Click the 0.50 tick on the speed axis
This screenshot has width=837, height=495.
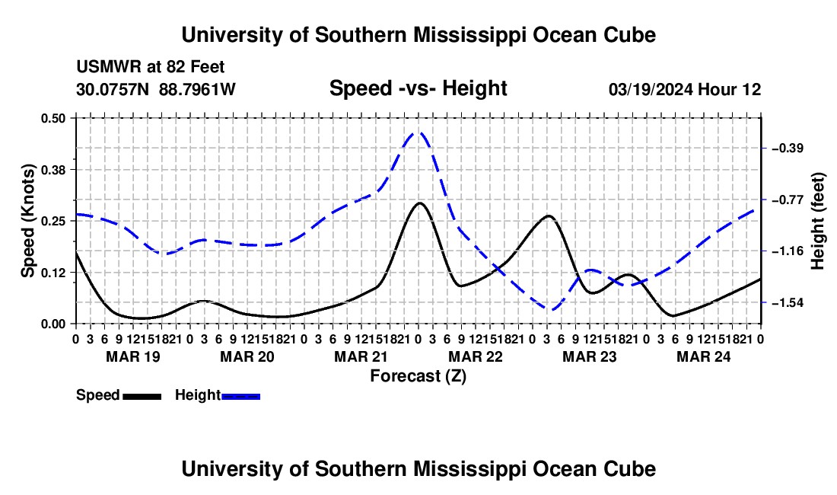point(53,118)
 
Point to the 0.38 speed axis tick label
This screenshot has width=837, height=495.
point(53,170)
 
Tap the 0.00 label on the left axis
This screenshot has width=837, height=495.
point(53,324)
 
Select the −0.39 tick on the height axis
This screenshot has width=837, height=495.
point(788,148)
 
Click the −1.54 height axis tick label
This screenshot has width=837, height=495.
point(788,303)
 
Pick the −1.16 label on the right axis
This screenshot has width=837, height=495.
point(788,251)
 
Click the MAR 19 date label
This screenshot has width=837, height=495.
point(133,356)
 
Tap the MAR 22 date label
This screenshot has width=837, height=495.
point(476,356)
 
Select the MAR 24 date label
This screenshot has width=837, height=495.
point(704,356)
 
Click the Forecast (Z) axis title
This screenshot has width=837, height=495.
point(418,376)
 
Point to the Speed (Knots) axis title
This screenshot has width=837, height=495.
point(27,221)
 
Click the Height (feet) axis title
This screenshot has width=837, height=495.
point(817,221)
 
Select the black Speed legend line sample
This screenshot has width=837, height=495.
point(142,396)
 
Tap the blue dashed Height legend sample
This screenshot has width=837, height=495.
point(240,396)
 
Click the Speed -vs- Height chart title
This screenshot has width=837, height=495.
point(418,88)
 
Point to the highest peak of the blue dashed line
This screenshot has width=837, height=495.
point(418,133)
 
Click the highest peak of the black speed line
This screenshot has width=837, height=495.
point(419,203)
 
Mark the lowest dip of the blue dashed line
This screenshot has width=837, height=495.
point(552,310)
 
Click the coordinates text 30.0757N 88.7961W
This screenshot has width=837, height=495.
point(155,89)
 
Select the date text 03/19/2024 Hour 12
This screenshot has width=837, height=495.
point(685,89)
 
